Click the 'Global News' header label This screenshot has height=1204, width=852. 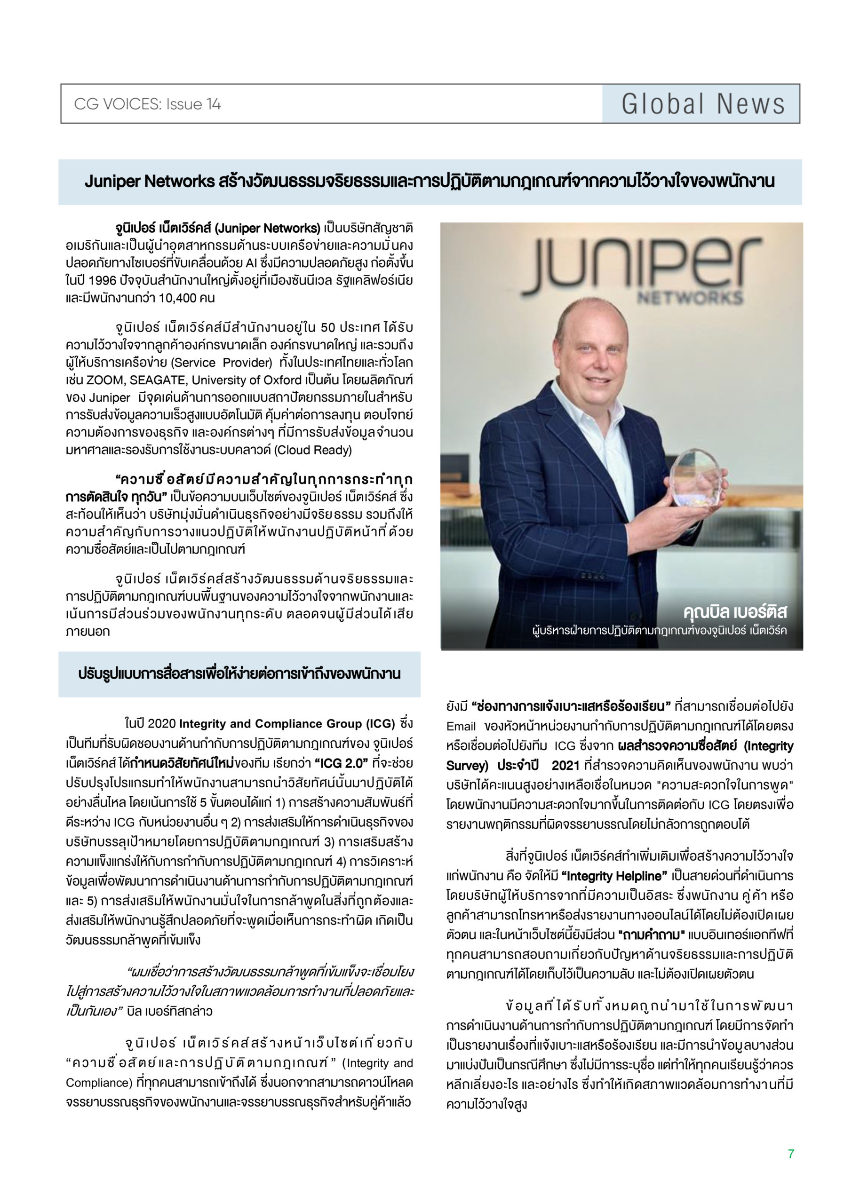[x=702, y=104]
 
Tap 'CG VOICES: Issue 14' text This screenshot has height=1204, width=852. [x=147, y=104]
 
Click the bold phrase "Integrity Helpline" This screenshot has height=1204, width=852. [x=612, y=876]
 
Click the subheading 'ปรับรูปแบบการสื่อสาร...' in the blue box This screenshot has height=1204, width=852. [x=239, y=674]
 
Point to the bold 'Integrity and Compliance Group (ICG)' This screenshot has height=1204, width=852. [x=287, y=724]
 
